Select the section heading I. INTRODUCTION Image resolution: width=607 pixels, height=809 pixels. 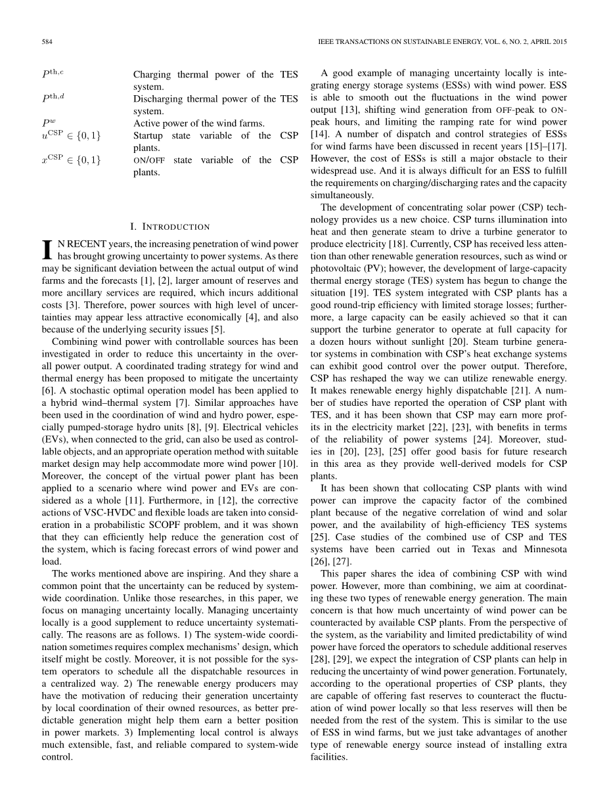click(169, 227)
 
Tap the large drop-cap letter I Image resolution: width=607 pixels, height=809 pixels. click(47, 250)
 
